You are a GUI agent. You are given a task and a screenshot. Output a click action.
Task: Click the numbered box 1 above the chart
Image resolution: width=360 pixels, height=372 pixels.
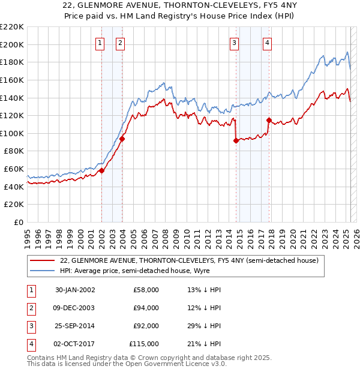tap(99, 43)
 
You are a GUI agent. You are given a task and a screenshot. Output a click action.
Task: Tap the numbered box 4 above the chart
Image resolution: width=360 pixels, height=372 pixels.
tap(267, 43)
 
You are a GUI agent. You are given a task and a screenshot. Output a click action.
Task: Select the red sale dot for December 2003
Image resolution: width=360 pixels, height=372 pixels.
tap(122, 139)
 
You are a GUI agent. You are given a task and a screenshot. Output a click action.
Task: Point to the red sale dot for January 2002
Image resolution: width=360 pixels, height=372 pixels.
tap(102, 170)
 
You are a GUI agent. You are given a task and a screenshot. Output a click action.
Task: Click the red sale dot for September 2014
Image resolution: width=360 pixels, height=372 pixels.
tap(236, 140)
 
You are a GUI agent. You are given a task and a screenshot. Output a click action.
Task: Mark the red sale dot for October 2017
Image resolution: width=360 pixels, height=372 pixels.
tap(268, 120)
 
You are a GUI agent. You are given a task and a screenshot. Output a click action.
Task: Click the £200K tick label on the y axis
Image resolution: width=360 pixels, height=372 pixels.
tap(13, 44)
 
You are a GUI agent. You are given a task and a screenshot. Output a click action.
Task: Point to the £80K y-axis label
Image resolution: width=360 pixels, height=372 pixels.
tap(14, 151)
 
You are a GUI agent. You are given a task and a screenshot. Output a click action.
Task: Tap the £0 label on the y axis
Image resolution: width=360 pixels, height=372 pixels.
tap(19, 222)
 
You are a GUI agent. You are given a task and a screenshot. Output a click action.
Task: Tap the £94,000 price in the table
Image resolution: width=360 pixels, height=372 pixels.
tap(146, 308)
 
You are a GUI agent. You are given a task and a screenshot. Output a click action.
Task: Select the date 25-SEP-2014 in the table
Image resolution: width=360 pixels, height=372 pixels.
tap(74, 326)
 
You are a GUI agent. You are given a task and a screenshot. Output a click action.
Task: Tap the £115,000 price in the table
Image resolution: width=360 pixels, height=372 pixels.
tap(144, 344)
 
